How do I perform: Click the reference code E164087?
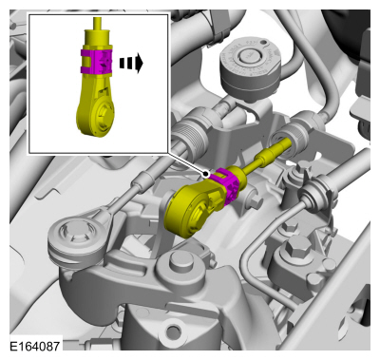(x=34, y=346)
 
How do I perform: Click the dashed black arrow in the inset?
(x=131, y=64)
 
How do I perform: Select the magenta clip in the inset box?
(x=97, y=62)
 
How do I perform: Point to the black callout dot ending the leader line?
(x=206, y=174)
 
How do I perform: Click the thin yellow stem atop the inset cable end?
(x=98, y=24)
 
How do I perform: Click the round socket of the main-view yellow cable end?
(x=192, y=214)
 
